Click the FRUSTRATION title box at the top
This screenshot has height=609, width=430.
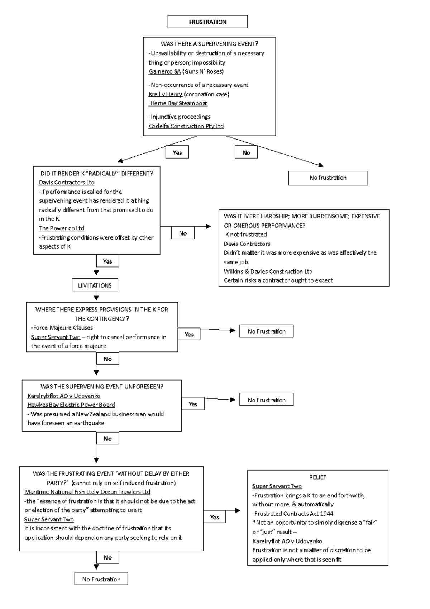click(x=207, y=22)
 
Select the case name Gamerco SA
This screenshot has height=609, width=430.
click(x=165, y=71)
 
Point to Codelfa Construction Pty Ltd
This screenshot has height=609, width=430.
click(x=186, y=126)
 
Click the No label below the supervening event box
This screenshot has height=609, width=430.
click(x=246, y=152)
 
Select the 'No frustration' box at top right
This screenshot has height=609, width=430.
click(x=328, y=178)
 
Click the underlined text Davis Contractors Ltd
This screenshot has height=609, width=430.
click(x=67, y=182)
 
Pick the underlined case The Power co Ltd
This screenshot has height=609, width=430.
click(x=61, y=228)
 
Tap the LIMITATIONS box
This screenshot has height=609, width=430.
click(x=95, y=285)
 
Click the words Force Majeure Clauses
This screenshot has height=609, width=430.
click(x=63, y=327)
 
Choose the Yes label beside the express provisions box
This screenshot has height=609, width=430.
click(x=189, y=334)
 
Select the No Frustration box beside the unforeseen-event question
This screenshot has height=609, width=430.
click(x=266, y=400)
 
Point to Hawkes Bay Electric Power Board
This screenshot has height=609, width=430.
click(x=71, y=405)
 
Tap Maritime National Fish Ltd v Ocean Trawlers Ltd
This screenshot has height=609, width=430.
click(x=87, y=492)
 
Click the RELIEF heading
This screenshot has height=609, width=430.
click(x=317, y=477)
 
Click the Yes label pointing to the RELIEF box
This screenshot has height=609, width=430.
click(x=215, y=517)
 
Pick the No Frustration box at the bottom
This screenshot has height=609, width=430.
click(x=101, y=579)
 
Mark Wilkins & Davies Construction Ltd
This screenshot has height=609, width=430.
click(x=268, y=271)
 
